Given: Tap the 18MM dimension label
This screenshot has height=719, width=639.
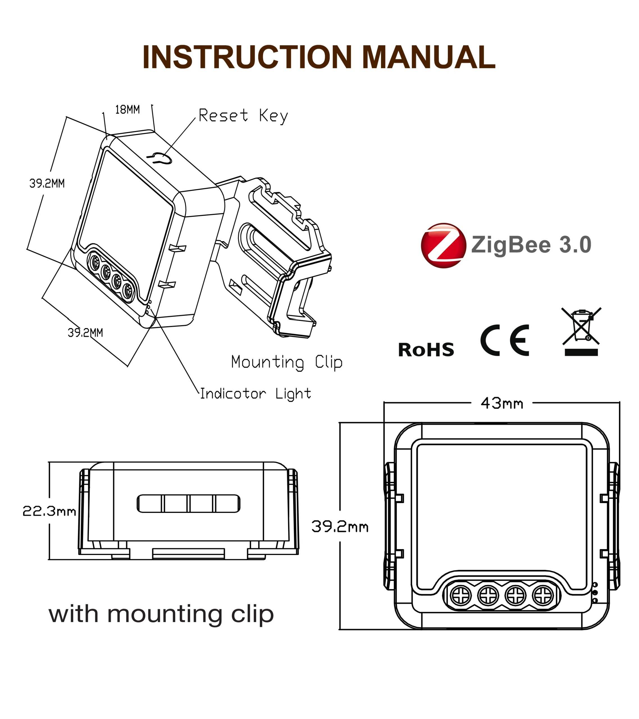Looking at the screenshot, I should (127, 110).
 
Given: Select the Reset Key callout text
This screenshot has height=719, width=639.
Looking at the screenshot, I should (243, 116).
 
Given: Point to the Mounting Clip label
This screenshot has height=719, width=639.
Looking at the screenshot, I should (287, 362).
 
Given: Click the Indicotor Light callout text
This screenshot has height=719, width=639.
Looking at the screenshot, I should (256, 393).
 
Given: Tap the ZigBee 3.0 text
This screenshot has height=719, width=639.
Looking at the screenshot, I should (531, 245).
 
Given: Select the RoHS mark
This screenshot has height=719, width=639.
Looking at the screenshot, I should (426, 350).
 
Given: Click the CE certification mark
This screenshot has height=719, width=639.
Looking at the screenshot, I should (505, 340).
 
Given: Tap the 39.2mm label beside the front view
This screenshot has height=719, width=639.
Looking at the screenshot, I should (340, 527).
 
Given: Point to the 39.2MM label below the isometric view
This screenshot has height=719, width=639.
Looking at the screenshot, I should (85, 333).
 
